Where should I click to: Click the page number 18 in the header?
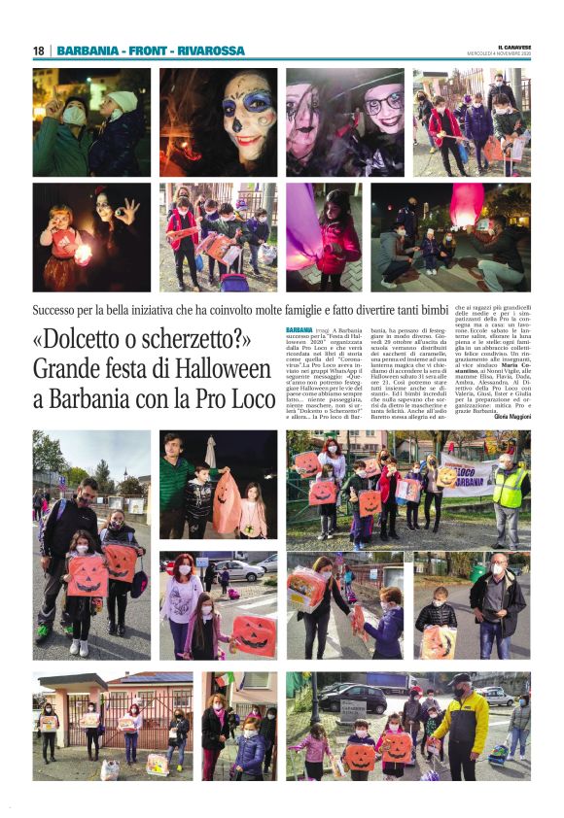[x=38, y=51]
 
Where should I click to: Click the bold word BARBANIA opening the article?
[x=300, y=330]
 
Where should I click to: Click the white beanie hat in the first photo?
[x=123, y=100]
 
